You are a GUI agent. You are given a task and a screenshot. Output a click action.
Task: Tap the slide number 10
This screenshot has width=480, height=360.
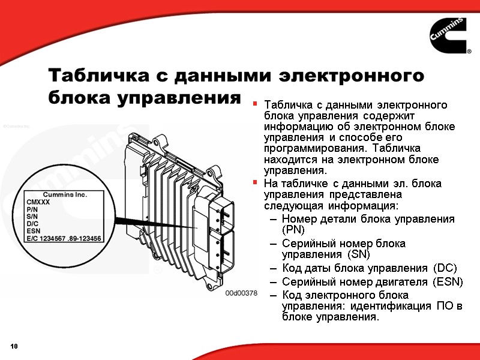click(14, 347)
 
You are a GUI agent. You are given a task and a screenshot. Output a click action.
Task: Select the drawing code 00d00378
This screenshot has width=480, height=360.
click(241, 293)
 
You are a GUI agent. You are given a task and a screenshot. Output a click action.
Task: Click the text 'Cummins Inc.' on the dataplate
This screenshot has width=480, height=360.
click(65, 194)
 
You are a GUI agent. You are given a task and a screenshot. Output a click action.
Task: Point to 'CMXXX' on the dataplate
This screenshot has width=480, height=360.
click(38, 202)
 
